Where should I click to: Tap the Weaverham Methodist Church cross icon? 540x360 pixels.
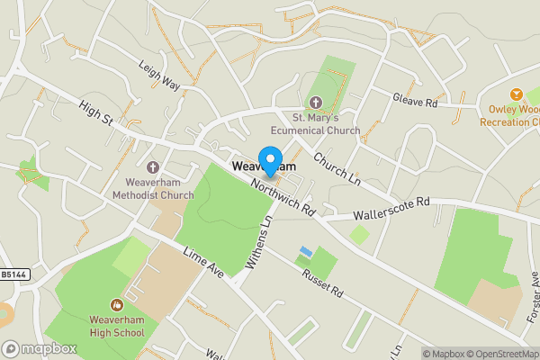point(153,167)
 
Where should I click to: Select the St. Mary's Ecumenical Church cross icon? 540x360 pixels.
point(316,102)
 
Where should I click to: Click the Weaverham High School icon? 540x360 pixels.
point(116,306)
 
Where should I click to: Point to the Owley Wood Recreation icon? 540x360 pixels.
point(516,94)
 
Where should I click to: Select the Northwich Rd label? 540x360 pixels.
point(283,193)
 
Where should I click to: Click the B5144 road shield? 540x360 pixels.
point(13,275)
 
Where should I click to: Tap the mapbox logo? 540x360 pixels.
point(38,348)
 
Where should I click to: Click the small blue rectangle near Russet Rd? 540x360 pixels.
point(307,251)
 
